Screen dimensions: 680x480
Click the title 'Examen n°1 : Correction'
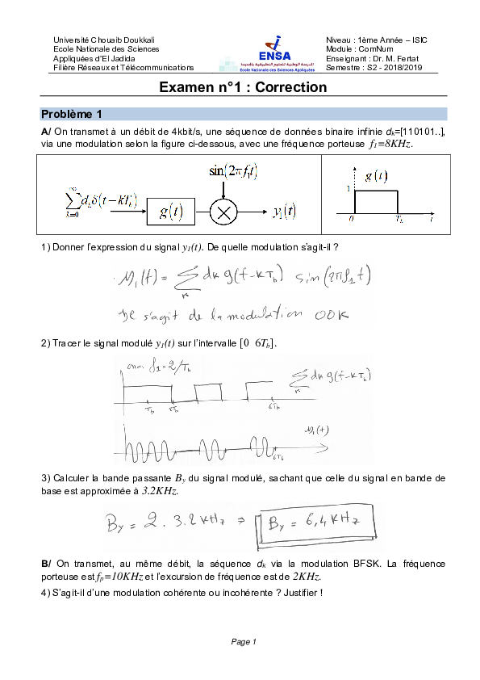[242, 87]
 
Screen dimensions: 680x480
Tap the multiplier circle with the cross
[223, 212]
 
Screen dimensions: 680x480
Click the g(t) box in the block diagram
[170, 212]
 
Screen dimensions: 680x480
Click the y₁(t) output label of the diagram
[283, 212]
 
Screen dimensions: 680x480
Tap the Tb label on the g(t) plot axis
[399, 218]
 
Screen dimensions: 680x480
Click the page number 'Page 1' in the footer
[243, 641]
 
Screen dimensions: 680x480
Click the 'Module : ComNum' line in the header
[360, 49]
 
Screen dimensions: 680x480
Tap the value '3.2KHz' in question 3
[158, 490]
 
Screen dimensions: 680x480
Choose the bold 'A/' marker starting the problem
[46, 131]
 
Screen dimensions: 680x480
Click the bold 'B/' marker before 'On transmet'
[45, 564]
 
